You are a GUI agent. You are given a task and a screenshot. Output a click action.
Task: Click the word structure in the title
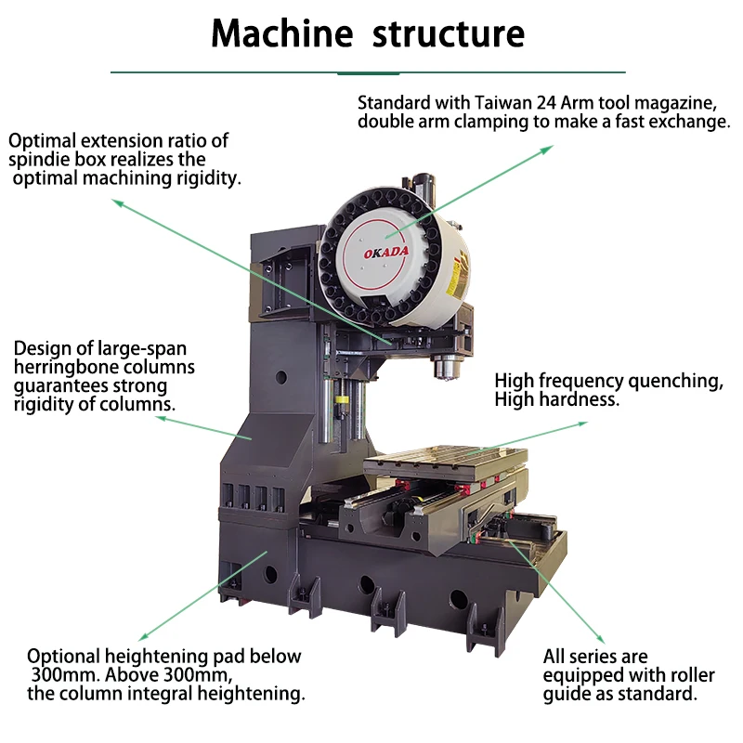[449, 33]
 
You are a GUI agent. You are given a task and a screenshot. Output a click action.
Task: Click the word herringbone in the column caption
[64, 368]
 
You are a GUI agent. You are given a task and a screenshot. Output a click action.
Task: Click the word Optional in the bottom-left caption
[65, 656]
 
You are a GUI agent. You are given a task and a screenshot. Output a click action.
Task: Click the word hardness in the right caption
[585, 400]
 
